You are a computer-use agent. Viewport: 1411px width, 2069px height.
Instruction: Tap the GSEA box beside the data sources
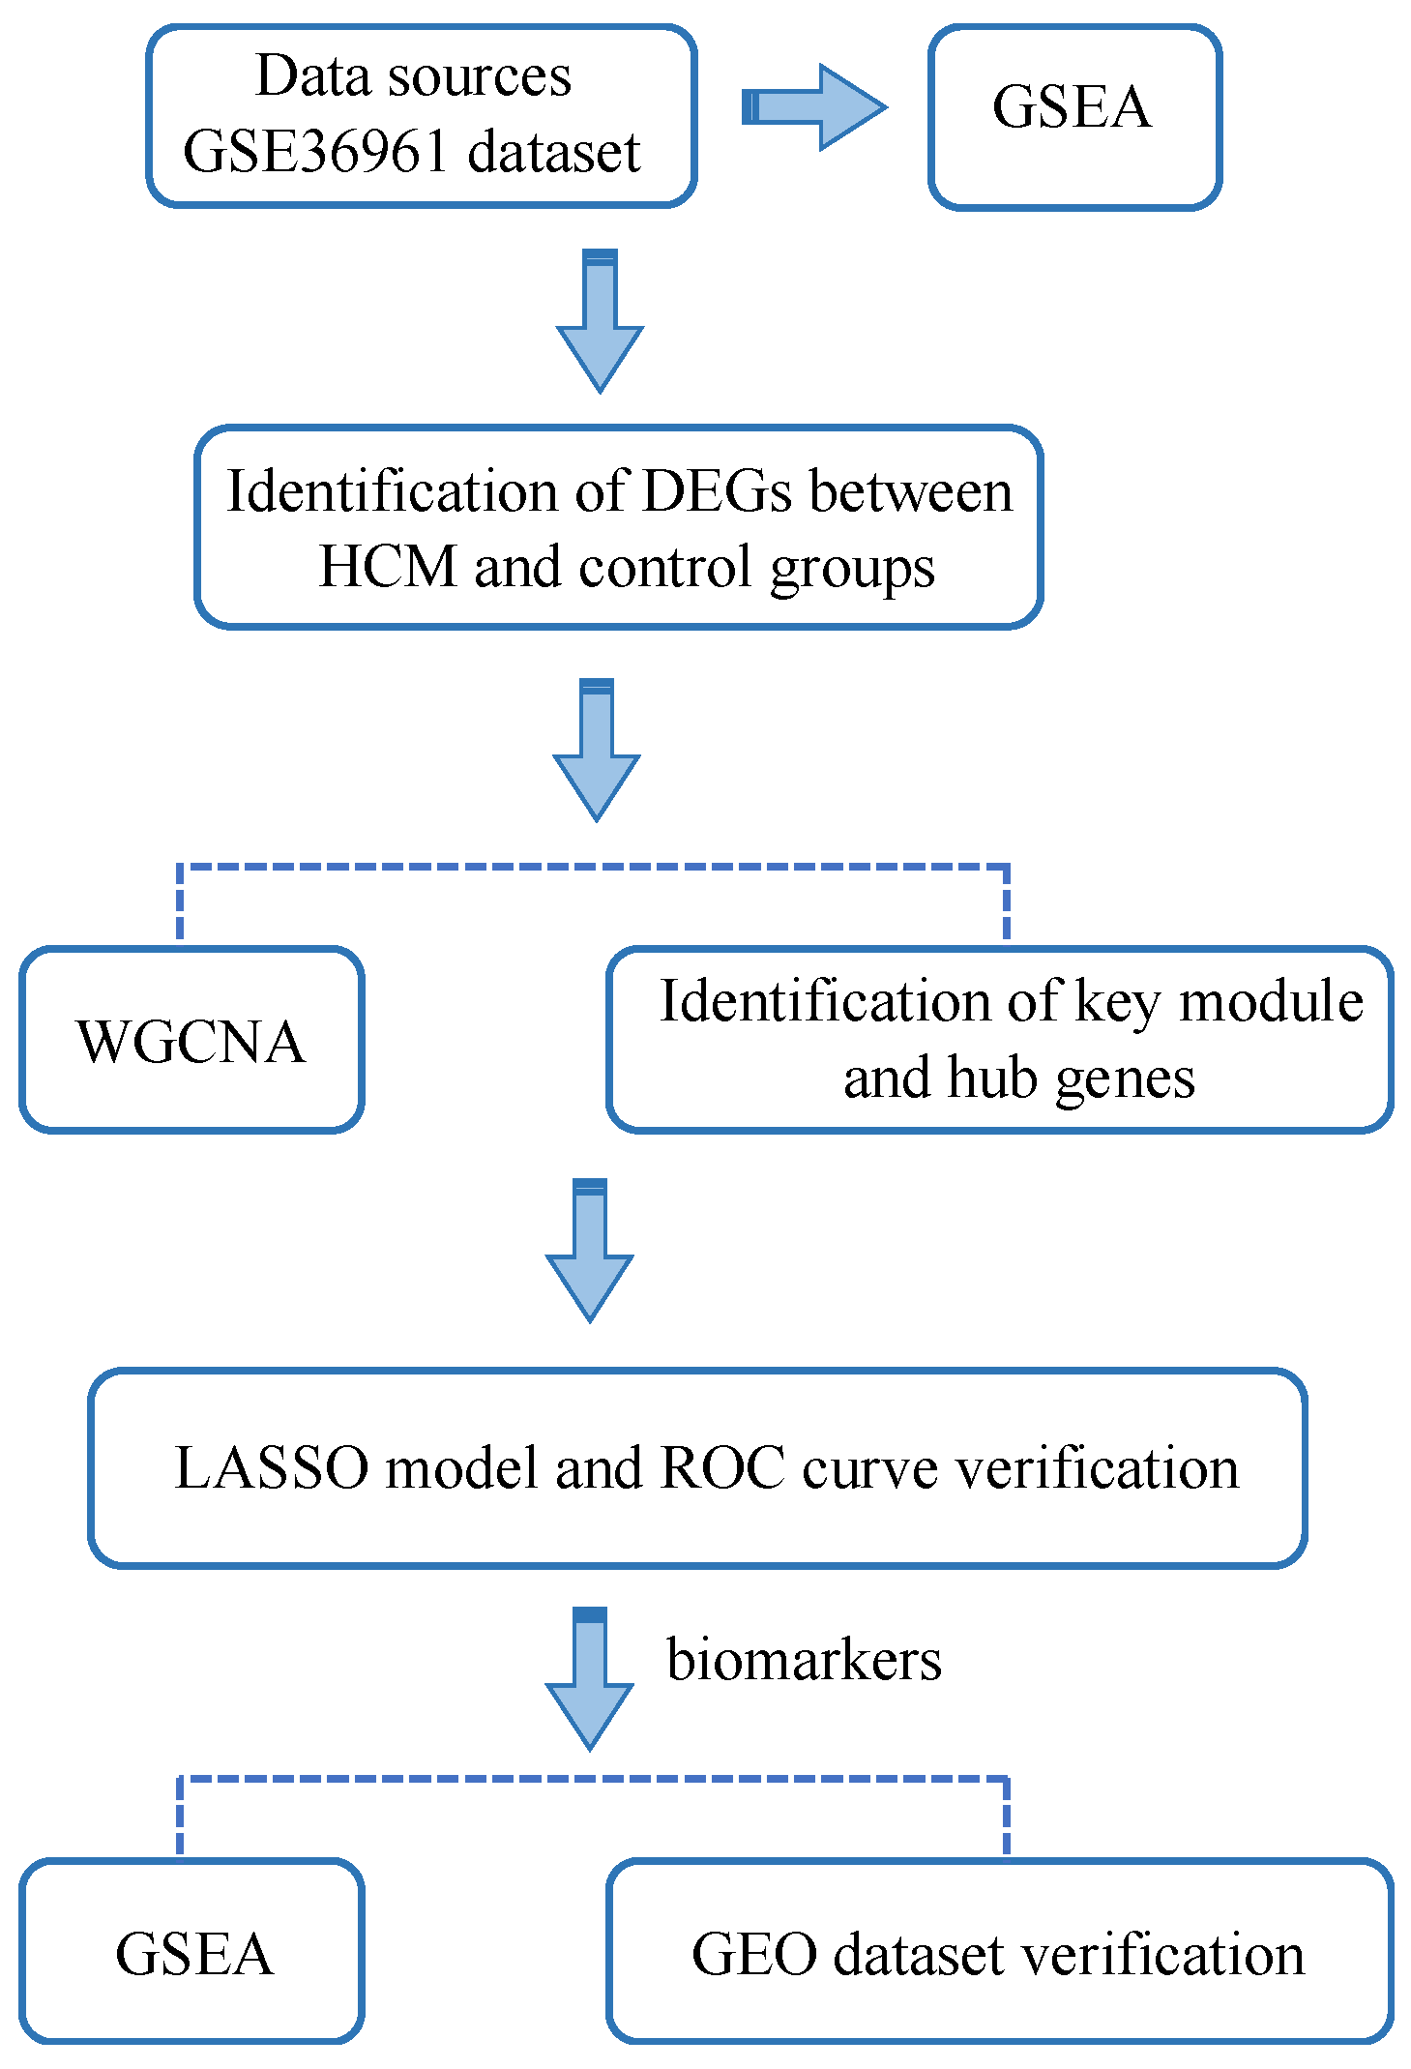(1073, 116)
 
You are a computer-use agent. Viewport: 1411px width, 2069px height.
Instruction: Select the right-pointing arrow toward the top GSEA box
(814, 107)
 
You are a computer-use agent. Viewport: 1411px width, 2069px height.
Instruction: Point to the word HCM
(387, 567)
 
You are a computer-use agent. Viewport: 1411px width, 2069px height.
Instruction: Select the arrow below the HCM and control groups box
(597, 751)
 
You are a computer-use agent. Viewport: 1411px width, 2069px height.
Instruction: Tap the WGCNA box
(191, 1040)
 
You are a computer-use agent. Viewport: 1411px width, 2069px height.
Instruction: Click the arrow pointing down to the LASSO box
(590, 1250)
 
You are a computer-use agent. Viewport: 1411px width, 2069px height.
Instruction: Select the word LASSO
(272, 1468)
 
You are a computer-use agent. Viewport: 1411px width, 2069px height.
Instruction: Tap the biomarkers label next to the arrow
(804, 1660)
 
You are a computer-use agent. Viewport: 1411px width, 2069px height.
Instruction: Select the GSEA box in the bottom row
(191, 1951)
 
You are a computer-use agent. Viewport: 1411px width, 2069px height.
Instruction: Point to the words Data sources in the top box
(413, 75)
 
